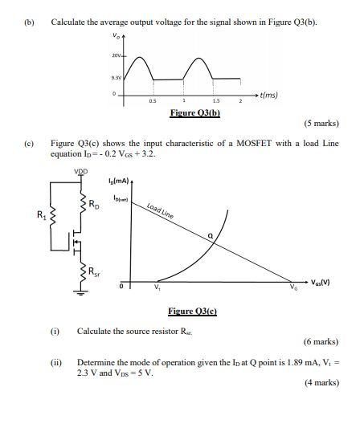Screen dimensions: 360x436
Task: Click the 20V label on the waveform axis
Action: [x=117, y=55]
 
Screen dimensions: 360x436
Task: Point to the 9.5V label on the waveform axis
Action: [x=116, y=78]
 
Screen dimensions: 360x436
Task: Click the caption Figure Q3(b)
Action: [x=194, y=112]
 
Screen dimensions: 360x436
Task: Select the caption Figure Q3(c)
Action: [x=193, y=312]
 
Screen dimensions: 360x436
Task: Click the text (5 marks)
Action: [x=321, y=124]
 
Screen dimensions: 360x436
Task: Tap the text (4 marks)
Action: [x=321, y=383]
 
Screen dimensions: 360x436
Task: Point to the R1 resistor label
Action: [x=43, y=214]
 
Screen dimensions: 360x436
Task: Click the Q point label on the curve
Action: [x=211, y=235]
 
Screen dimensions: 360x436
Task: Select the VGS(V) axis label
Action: [x=320, y=283]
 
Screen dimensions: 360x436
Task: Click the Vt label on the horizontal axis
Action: [x=157, y=290]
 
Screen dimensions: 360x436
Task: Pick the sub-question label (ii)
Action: [x=56, y=362]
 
